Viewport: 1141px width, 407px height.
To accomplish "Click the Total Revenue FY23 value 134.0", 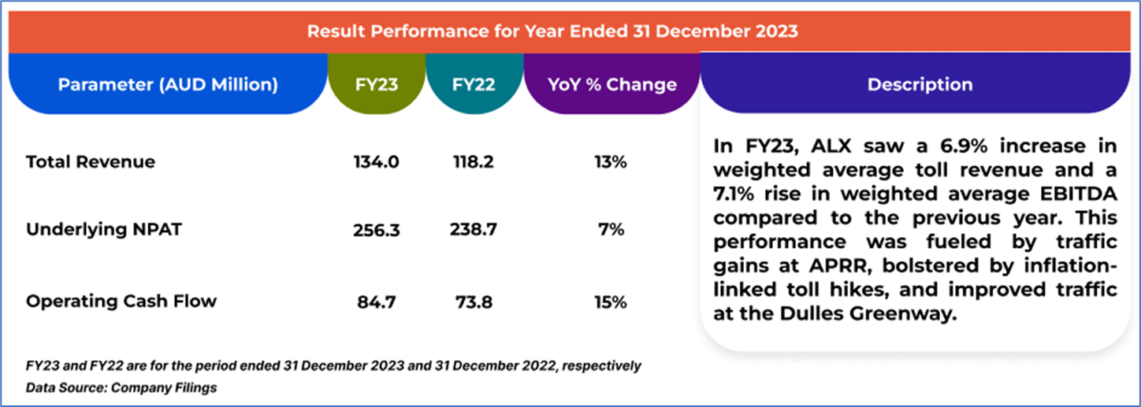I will [x=377, y=162].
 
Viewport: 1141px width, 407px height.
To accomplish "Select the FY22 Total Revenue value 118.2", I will [x=473, y=162].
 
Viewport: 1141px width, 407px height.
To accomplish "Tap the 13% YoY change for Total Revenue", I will [x=611, y=162].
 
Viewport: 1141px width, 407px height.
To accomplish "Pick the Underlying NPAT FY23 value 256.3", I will [x=377, y=230].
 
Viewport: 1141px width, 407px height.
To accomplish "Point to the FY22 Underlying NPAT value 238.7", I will [x=473, y=230].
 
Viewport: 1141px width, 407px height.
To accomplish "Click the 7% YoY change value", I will [x=611, y=230].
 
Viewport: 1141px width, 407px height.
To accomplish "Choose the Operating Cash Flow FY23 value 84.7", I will [x=377, y=302].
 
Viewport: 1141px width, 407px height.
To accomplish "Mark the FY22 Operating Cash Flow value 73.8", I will [x=473, y=302].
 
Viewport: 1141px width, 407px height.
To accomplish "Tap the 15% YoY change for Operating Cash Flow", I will [x=611, y=302].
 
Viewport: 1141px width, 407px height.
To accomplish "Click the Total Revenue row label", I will [x=91, y=162].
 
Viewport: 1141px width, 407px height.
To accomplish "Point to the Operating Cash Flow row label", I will [x=121, y=302].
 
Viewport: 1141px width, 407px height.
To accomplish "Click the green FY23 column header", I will [x=377, y=85].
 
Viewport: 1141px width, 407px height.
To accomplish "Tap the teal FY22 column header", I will [x=474, y=85].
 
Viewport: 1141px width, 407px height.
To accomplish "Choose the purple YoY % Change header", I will [x=611, y=85].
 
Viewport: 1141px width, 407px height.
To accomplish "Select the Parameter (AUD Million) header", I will [x=168, y=85].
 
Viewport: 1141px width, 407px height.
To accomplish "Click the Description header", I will [x=920, y=85].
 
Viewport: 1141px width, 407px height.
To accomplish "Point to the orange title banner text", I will [x=552, y=32].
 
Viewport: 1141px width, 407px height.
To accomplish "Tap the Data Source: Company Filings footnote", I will [x=121, y=387].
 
